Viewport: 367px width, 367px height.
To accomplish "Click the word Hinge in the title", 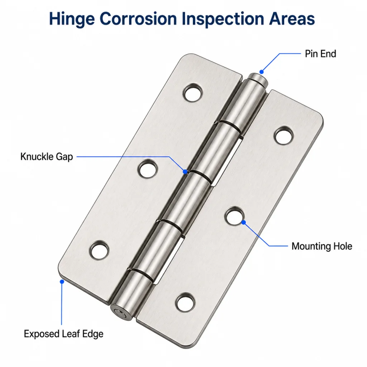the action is (72, 19).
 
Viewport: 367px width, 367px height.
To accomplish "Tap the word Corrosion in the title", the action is (138, 19).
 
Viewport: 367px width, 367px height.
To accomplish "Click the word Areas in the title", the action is (292, 19).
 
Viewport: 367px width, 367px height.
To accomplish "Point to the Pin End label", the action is (320, 54).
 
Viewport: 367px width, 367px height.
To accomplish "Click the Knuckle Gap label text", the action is (47, 157).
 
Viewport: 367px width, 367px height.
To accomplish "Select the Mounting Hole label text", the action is (322, 246).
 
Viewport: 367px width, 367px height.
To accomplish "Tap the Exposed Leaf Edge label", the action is (63, 334).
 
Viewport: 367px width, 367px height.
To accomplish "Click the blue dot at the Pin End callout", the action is (262, 72).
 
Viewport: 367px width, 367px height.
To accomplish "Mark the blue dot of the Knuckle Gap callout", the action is (185, 172).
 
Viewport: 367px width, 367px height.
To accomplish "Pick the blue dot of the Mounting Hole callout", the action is (244, 222).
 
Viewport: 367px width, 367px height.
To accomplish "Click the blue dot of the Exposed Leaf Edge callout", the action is (62, 282).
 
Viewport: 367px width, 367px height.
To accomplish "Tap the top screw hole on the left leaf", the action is (192, 92).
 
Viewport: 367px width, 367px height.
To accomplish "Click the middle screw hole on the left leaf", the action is (147, 168).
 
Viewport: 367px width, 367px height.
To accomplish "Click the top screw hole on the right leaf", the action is (284, 135).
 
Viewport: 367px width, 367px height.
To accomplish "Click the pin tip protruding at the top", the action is (257, 79).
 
